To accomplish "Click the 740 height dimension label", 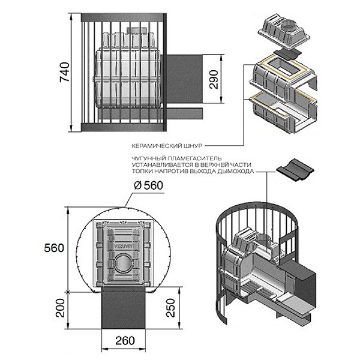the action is [x=64, y=72].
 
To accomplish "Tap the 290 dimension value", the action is [x=214, y=79].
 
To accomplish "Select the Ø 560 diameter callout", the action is [x=148, y=185].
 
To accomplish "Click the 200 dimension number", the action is [x=61, y=308].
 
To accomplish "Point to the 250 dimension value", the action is [x=170, y=308].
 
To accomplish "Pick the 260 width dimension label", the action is [x=125, y=340].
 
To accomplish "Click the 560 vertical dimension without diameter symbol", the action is [x=54, y=248].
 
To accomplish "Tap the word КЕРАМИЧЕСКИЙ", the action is [x=157, y=146].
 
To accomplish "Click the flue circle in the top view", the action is [x=124, y=262].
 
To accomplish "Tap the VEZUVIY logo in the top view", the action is [x=124, y=246].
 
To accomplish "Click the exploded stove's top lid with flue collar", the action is [x=284, y=31].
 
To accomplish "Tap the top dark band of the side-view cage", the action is [x=124, y=17].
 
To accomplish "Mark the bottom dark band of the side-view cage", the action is [x=124, y=127].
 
